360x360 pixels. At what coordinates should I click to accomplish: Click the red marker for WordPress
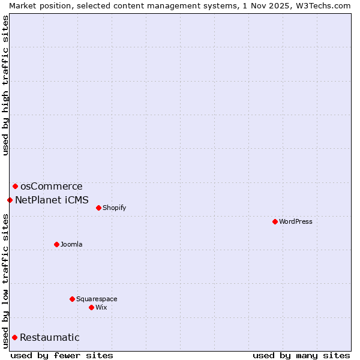pos(275,221)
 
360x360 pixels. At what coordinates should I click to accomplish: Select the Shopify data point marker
pos(98,208)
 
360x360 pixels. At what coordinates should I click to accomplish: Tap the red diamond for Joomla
pos(56,244)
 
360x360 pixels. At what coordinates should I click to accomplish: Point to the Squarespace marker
pos(72,299)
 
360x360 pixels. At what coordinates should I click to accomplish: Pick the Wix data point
pos(91,307)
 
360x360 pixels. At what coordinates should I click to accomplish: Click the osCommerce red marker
pos(15,186)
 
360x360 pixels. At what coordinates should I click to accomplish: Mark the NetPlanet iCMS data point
pos(10,200)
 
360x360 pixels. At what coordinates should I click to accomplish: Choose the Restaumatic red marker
pos(14,337)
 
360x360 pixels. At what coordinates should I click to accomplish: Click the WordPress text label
pos(296,221)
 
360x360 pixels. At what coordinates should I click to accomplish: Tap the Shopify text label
pos(114,208)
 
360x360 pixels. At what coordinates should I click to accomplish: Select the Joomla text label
pos(71,244)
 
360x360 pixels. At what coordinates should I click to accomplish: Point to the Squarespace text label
pos(97,299)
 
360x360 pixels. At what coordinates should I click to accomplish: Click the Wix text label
pos(101,307)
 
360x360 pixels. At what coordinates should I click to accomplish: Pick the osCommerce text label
pos(52,186)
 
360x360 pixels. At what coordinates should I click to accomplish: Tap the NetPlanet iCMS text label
pos(52,200)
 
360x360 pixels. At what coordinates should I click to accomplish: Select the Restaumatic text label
pos(50,337)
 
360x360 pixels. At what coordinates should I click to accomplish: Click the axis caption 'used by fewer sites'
pos(62,355)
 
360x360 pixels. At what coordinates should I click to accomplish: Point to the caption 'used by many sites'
pos(301,355)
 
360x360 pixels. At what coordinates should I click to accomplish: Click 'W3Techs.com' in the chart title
pos(326,5)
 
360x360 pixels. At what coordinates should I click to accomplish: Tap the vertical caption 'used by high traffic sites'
pos(5,85)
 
